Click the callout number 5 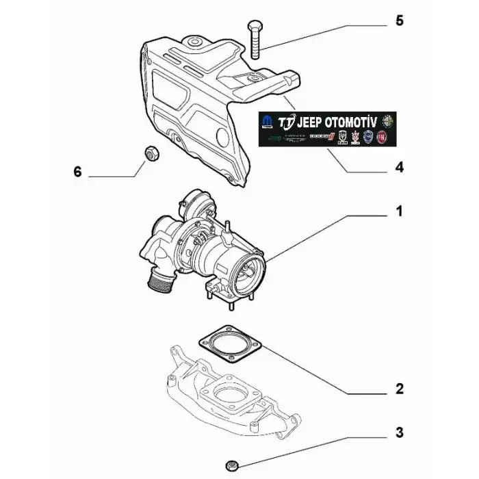400,21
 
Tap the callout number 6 77,172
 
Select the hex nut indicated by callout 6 152,153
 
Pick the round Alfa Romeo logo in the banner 388,121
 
